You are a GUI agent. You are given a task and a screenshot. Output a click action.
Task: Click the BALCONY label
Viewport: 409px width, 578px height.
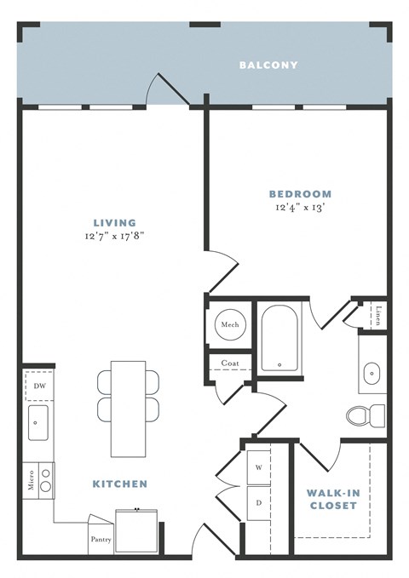point(268,65)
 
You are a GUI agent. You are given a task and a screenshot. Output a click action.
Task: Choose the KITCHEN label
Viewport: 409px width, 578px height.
point(119,484)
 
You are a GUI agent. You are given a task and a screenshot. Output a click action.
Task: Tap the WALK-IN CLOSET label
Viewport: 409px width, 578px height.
point(331,499)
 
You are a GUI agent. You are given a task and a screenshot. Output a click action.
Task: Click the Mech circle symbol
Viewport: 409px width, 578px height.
point(229,325)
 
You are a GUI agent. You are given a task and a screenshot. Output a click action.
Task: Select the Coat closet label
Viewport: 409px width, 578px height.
point(230,363)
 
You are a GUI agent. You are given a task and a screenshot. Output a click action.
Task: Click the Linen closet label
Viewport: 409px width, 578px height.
point(377,317)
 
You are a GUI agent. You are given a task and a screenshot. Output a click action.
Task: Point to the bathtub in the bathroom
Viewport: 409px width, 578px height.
point(279,338)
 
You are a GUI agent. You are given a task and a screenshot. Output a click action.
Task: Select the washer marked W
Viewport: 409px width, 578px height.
point(259,468)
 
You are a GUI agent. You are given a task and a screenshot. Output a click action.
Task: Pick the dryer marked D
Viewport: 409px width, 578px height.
point(259,502)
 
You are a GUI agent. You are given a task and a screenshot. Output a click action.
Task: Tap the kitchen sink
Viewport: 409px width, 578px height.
point(38,423)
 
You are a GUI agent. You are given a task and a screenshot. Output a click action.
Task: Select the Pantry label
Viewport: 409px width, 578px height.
point(100,539)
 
